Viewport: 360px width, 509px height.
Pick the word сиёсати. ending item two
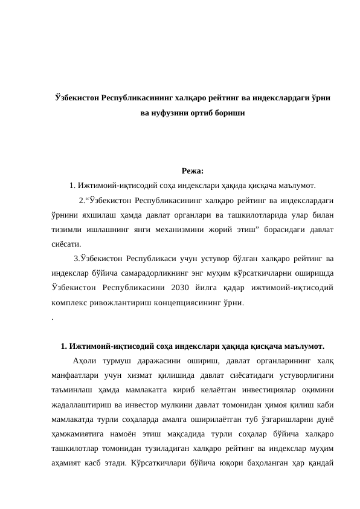pos(67,244)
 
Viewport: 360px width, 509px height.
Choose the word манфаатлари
pos(77,376)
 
